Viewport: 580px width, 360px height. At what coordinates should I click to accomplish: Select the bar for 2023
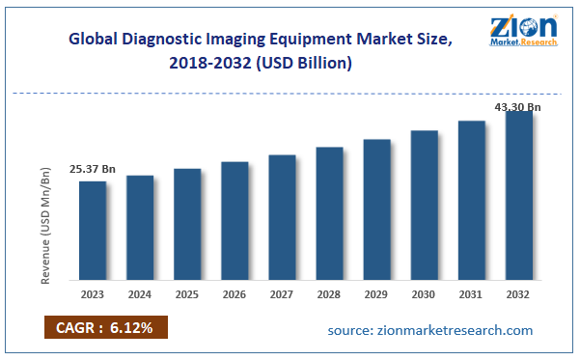click(93, 231)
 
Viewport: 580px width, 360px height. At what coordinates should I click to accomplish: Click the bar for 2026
click(235, 221)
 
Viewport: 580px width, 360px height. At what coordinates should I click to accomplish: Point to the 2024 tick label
click(140, 294)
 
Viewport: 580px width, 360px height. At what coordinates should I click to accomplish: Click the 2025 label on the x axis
click(187, 294)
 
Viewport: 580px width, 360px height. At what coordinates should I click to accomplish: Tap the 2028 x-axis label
click(329, 294)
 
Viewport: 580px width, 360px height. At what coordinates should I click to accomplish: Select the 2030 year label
click(424, 294)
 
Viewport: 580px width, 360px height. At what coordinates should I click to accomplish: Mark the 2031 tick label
click(471, 294)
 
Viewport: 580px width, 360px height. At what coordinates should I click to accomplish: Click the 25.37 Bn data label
click(93, 170)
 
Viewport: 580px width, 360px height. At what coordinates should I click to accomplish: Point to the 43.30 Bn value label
click(517, 106)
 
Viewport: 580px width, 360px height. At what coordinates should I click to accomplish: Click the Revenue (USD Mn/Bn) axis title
click(45, 225)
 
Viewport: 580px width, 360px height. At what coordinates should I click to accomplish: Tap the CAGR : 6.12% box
click(105, 328)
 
